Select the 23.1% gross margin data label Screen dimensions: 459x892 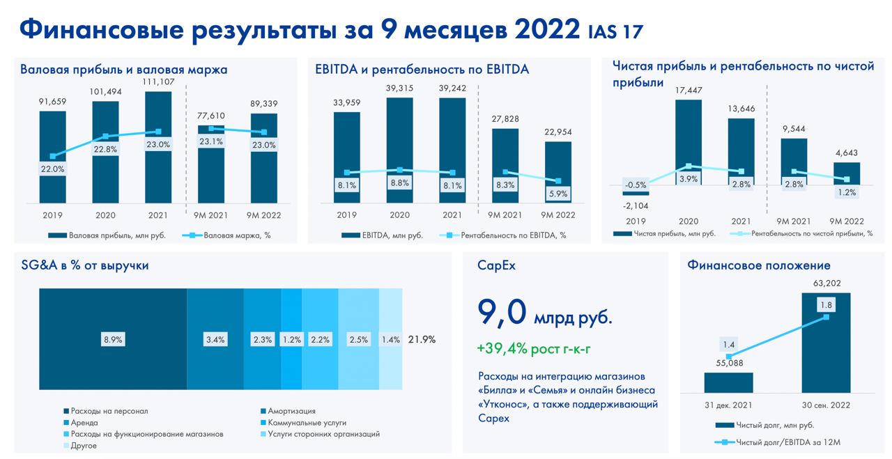click(x=211, y=141)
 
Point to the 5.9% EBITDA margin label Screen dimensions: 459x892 click(x=558, y=194)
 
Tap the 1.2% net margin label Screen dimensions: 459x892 click(x=847, y=192)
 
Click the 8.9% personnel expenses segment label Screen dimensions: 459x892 click(x=113, y=339)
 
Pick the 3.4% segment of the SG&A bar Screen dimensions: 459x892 click(x=215, y=339)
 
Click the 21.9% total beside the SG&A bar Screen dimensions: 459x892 click(x=422, y=339)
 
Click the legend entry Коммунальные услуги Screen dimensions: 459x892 click(x=307, y=422)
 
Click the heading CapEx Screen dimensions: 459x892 click(x=496, y=265)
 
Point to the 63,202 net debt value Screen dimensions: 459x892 click(x=826, y=283)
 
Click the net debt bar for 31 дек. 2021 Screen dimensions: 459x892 click(x=728, y=382)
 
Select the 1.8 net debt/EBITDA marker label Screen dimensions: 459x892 click(x=826, y=304)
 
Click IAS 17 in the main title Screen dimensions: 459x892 click(x=616, y=31)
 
